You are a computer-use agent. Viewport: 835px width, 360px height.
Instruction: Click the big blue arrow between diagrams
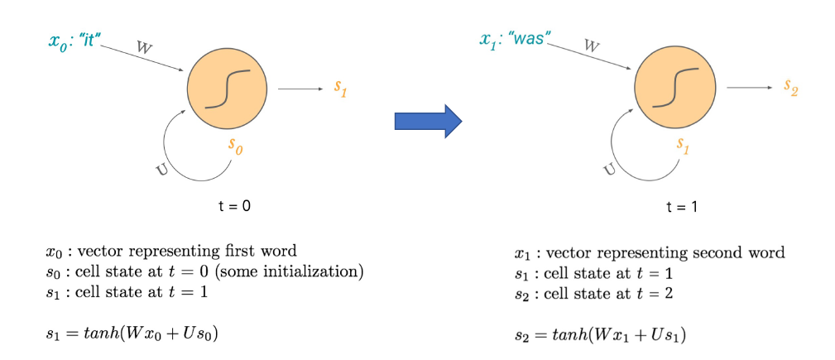[x=427, y=122]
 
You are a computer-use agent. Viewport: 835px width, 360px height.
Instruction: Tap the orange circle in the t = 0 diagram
[x=227, y=89]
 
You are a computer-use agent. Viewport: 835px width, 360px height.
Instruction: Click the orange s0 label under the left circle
[x=237, y=147]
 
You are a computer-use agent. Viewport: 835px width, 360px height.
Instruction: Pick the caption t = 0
[x=229, y=206]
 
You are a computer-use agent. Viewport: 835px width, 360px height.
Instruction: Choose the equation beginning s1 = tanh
[x=132, y=334]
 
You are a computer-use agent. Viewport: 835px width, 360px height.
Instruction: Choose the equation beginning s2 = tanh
[x=600, y=334]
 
